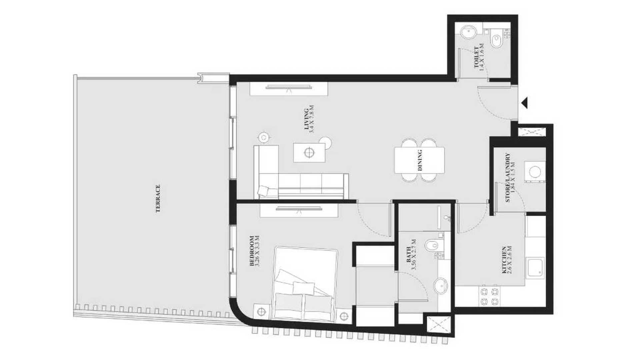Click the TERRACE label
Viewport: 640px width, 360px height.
pyautogui.click(x=158, y=199)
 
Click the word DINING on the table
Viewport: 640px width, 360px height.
pyautogui.click(x=420, y=160)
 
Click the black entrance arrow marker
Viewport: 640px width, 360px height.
pyautogui.click(x=524, y=103)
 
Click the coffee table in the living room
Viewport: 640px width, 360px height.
pyautogui.click(x=309, y=153)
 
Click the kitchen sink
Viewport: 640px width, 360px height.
pyautogui.click(x=535, y=267)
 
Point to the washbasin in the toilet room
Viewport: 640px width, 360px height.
pyautogui.click(x=469, y=33)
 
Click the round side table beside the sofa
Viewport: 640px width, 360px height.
pyautogui.click(x=264, y=137)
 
